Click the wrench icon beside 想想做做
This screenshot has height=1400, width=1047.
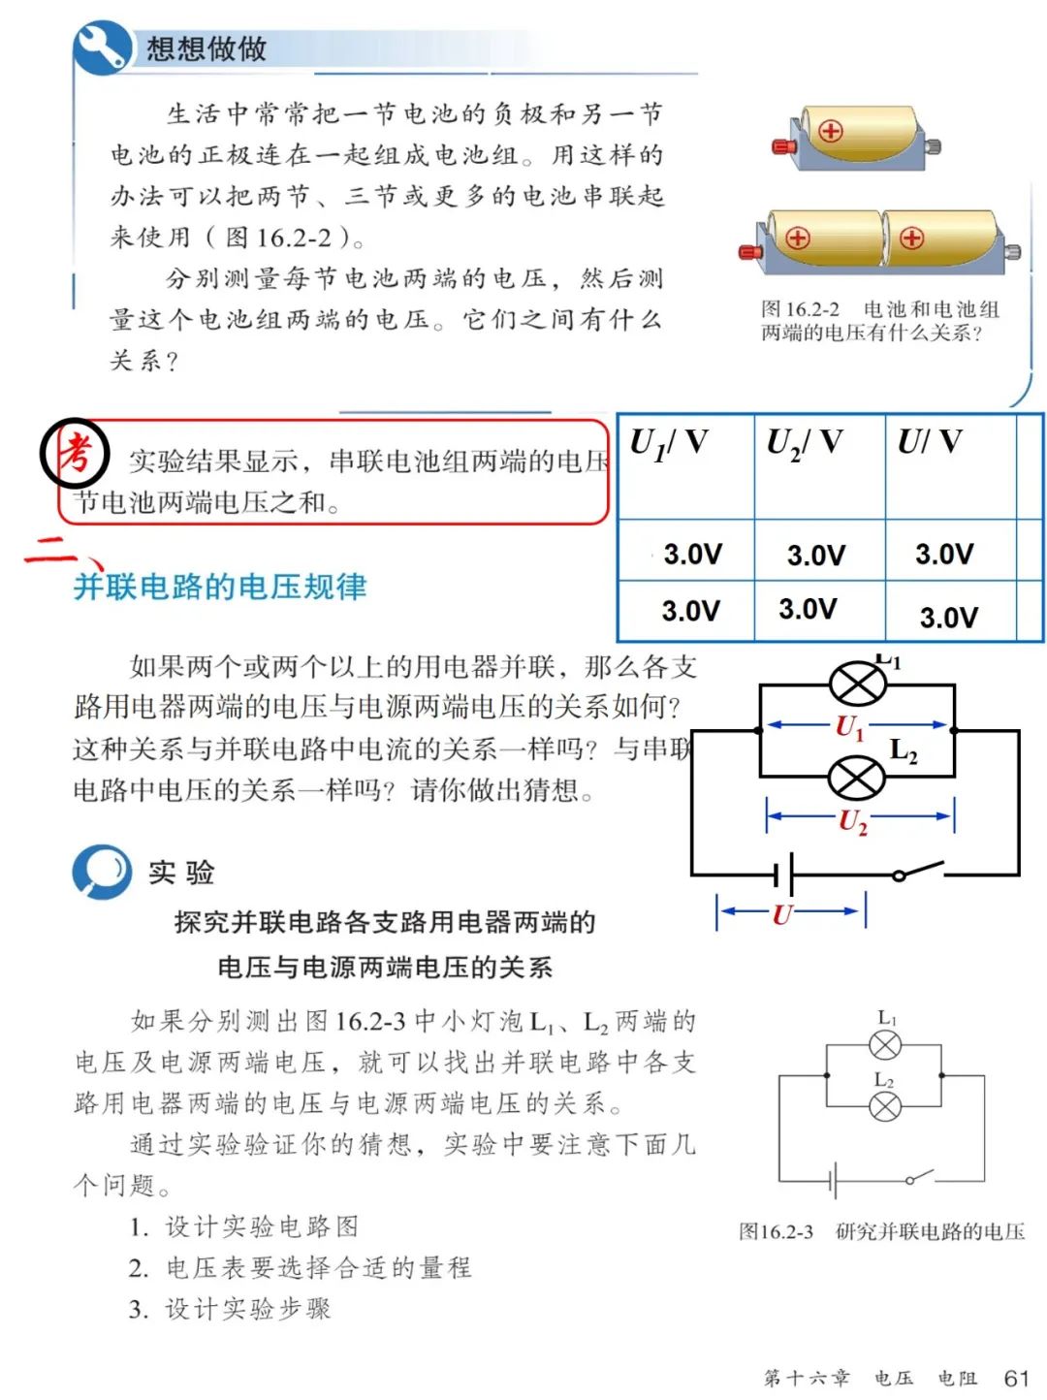pyautogui.click(x=102, y=47)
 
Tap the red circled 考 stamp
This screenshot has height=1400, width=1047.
pyautogui.click(x=74, y=453)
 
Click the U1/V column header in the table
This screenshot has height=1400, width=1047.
pyautogui.click(x=668, y=444)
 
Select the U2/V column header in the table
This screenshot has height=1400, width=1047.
pyautogui.click(x=804, y=444)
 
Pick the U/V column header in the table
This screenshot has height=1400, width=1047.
pyautogui.click(x=929, y=443)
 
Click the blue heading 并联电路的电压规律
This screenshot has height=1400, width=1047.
pyautogui.click(x=220, y=587)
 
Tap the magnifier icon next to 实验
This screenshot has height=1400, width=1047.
pyautogui.click(x=102, y=871)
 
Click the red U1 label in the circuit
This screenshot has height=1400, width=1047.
pyautogui.click(x=849, y=727)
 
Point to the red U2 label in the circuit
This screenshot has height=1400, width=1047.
pyautogui.click(x=852, y=821)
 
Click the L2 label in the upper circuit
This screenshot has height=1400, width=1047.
pyautogui.click(x=904, y=750)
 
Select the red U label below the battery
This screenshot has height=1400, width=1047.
pyautogui.click(x=782, y=913)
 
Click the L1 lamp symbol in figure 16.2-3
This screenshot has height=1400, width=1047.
pyautogui.click(x=885, y=1045)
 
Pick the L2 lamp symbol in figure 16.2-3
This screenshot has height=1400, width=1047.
pyautogui.click(x=885, y=1106)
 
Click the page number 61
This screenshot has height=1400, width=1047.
pyautogui.click(x=1016, y=1378)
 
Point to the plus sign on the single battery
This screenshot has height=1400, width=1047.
pyautogui.click(x=831, y=131)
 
